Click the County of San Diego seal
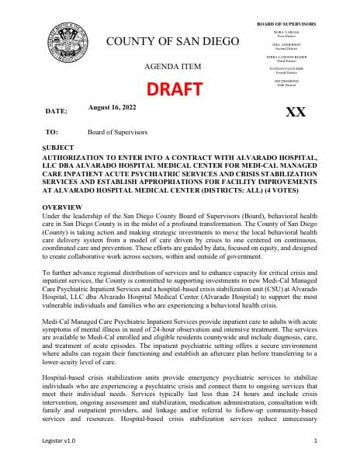[x=67, y=45]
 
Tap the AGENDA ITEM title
[x=178, y=66]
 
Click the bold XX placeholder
[x=296, y=112]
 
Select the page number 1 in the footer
[x=317, y=440]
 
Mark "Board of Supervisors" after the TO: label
[x=119, y=133]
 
